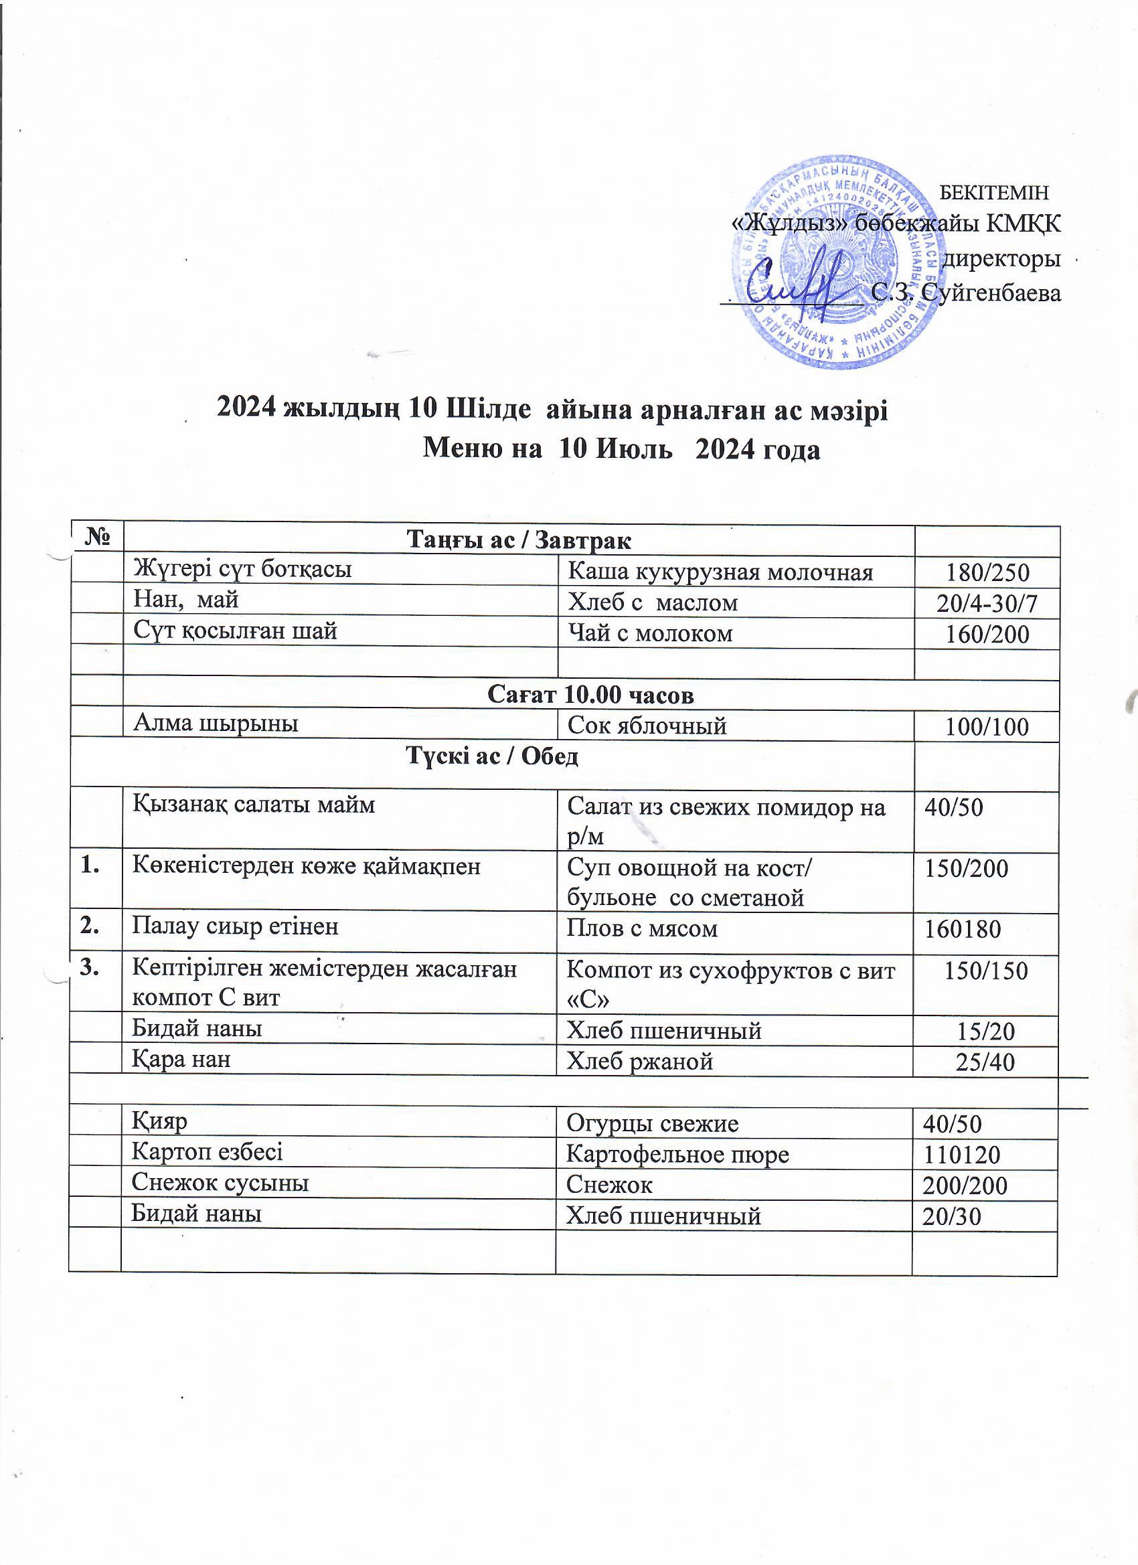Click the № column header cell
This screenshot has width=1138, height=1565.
96,538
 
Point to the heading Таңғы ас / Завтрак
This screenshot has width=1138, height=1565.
519,540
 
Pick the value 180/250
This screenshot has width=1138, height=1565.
987,573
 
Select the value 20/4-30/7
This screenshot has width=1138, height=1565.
987,604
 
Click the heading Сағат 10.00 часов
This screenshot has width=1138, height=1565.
590,695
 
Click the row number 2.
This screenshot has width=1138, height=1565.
90,926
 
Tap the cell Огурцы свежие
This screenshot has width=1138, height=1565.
652,1124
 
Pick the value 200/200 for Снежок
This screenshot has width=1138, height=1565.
965,1185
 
